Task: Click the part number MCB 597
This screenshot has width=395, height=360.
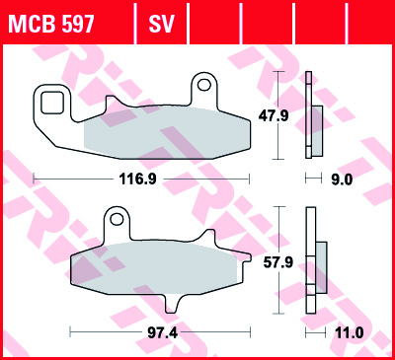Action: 51,21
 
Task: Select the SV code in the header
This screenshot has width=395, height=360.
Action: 160,21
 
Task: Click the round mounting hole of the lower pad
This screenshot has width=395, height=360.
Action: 117,214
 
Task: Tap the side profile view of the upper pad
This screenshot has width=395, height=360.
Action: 313,115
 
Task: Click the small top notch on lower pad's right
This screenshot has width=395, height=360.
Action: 208,237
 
